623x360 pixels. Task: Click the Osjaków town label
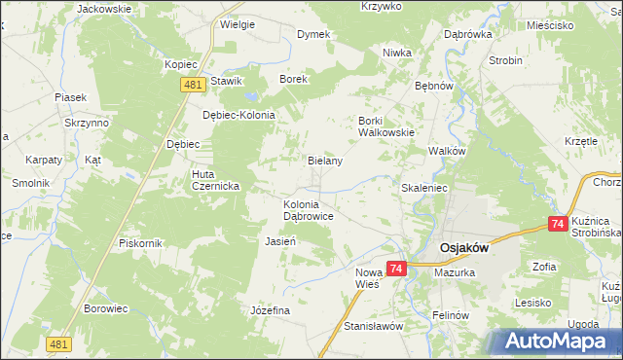tap(462, 247)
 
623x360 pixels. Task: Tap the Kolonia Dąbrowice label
tap(309, 211)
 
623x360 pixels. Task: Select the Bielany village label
tap(324, 161)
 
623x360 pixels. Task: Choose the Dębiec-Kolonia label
tap(239, 115)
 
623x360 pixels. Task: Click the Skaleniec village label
tap(423, 187)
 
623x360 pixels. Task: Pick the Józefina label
tap(271, 310)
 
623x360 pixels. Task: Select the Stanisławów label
tap(373, 327)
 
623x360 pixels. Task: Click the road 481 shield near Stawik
tap(193, 86)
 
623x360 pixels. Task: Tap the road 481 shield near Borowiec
tap(58, 343)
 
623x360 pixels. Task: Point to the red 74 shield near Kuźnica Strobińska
tap(557, 224)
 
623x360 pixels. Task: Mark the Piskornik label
tap(138, 242)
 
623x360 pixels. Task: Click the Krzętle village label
tap(580, 141)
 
